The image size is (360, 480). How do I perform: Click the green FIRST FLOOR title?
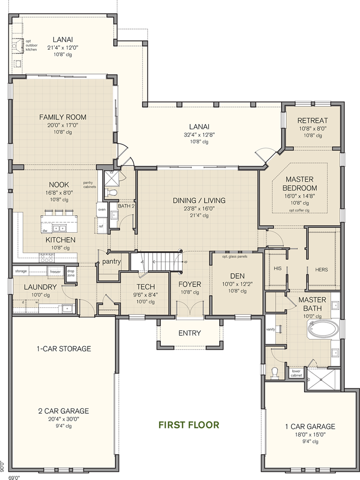tap(189, 425)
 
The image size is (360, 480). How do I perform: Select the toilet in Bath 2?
tap(112, 193)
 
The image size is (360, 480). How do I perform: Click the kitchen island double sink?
tap(59, 228)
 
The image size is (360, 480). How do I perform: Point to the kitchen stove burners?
tap(47, 258)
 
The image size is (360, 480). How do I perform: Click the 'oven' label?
tap(102, 209)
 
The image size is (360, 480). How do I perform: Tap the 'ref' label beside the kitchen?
tap(101, 227)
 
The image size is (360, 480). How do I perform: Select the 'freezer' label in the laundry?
tap(55, 271)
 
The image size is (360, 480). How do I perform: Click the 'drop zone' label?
tap(71, 273)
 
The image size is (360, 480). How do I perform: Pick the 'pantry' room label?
tap(112, 262)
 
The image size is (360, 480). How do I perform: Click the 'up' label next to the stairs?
tap(185, 262)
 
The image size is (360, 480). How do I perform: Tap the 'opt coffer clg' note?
tap(299, 211)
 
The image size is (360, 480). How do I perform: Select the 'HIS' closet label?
tap(278, 268)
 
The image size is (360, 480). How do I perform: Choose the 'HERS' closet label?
tap(321, 269)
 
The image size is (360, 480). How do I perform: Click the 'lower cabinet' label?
tap(296, 373)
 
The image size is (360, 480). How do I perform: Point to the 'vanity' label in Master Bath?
tap(271, 329)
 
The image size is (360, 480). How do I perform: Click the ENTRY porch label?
tap(189, 333)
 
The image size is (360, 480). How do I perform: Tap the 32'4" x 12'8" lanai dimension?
tap(199, 135)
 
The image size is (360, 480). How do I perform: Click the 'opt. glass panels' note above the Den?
tap(235, 256)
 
